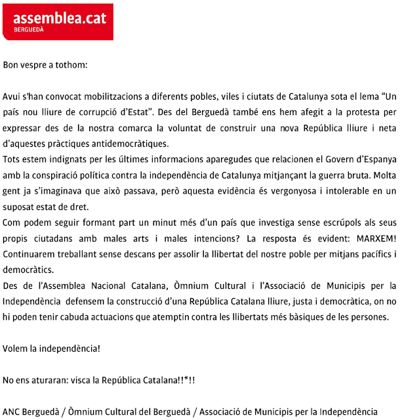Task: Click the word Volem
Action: click(x=14, y=346)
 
